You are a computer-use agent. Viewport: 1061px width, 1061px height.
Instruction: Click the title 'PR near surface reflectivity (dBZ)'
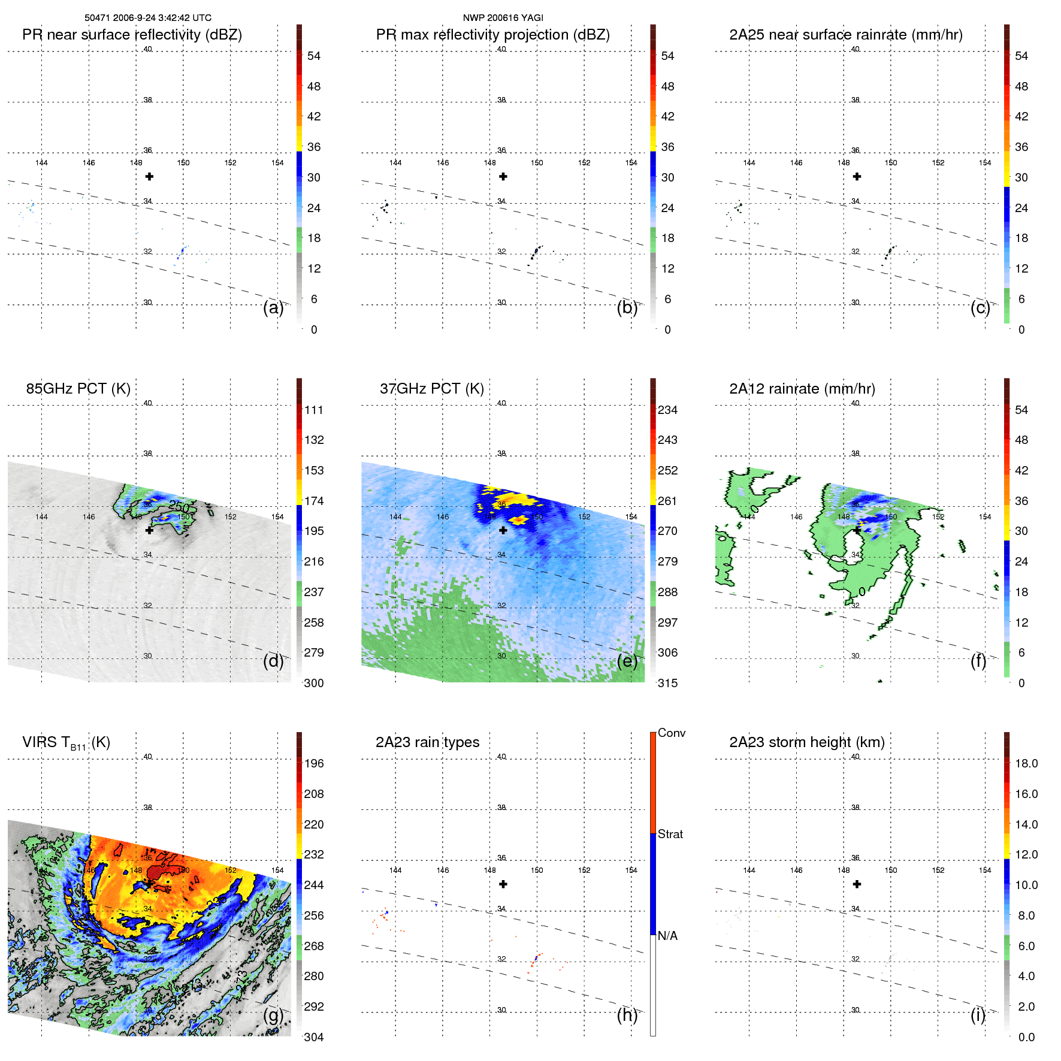(132, 35)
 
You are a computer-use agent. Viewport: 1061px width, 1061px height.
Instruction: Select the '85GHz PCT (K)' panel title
(78, 389)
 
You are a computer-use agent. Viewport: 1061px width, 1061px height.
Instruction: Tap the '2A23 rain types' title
(427, 742)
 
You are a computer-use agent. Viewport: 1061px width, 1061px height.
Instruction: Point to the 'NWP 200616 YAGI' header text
(503, 18)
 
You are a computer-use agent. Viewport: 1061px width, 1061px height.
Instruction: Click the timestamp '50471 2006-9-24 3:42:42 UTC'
(147, 18)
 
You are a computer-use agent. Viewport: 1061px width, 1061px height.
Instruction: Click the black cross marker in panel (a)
(149, 177)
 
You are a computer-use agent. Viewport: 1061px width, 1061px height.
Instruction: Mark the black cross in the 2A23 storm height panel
(857, 884)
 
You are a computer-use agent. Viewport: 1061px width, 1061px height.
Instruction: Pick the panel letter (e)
(627, 661)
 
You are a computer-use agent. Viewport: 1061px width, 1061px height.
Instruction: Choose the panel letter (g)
(273, 1015)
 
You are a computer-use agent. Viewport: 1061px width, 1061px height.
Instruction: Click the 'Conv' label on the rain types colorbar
(671, 733)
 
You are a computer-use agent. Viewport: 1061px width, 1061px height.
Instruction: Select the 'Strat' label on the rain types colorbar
(670, 835)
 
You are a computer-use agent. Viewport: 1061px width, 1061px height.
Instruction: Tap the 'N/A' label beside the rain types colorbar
(667, 936)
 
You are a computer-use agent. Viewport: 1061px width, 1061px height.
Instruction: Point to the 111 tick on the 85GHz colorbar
(313, 410)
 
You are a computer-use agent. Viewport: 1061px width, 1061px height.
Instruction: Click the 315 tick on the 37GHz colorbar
(667, 683)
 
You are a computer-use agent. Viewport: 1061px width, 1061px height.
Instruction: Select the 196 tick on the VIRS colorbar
(313, 764)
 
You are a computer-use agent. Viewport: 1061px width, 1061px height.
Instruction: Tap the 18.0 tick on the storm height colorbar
(1026, 764)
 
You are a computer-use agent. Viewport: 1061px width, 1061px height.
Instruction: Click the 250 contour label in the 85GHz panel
(179, 506)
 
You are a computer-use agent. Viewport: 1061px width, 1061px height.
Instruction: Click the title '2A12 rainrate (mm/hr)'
(802, 389)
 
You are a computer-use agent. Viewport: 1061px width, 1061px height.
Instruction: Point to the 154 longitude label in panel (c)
(985, 163)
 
